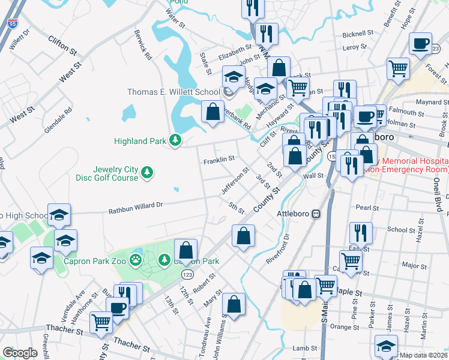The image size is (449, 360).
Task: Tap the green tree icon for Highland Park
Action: [x=175, y=141]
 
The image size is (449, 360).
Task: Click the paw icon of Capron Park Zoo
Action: [x=137, y=260]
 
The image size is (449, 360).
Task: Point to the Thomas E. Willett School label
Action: [x=173, y=92]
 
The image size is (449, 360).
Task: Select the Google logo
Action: [x=20, y=353]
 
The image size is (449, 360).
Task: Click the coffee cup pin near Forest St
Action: [x=420, y=43]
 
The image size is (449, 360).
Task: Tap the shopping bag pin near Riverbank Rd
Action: [x=212, y=112]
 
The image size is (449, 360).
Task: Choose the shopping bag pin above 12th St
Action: [x=186, y=250]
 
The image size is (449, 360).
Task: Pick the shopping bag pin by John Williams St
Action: [x=234, y=304]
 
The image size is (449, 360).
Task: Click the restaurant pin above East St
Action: [x=361, y=233]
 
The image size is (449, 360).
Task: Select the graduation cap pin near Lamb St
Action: [x=386, y=346]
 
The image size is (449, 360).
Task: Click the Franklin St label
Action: [x=218, y=160]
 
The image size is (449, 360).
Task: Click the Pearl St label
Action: [x=367, y=208]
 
